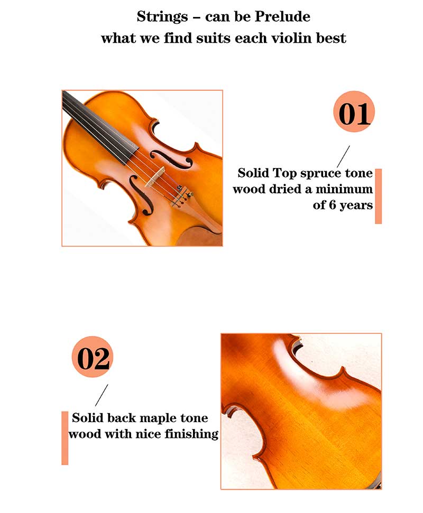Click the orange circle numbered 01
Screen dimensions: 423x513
point(354,112)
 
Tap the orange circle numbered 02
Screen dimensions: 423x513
point(93,357)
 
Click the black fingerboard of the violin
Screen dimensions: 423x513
point(98,128)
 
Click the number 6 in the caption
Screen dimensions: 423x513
point(332,205)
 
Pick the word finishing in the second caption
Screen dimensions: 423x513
point(191,434)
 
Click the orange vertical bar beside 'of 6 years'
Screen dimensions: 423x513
point(378,197)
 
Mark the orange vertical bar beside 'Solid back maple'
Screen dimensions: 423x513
point(65,438)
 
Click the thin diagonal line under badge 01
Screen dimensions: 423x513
point(343,157)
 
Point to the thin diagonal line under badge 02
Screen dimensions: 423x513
point(102,395)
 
